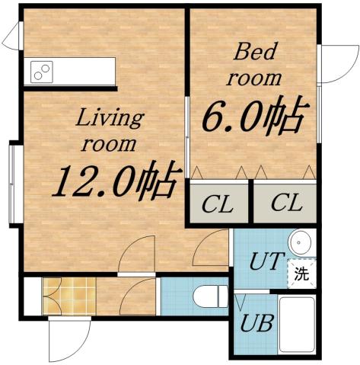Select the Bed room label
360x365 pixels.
(256, 65)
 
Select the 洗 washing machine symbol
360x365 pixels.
(301, 274)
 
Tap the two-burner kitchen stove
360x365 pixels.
(42, 72)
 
